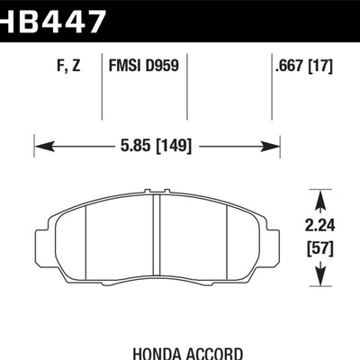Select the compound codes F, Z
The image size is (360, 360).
[68, 65]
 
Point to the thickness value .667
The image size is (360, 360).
[289, 65]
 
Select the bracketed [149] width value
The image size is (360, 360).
[175, 143]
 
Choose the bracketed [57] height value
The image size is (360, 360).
[320, 244]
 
